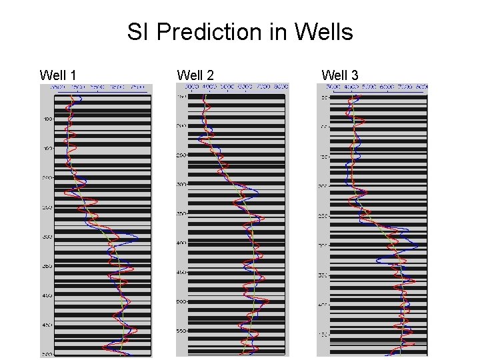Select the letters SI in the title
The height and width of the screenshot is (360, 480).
pos(138,31)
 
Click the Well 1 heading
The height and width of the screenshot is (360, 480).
pos(59,75)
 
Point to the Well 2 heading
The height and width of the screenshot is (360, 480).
pos(195,75)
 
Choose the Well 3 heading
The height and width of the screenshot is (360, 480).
pos(340,75)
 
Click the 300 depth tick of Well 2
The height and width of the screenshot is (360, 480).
pos(181,185)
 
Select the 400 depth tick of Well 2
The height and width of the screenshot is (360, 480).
pos(181,243)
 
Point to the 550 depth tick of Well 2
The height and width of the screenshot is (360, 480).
pos(181,331)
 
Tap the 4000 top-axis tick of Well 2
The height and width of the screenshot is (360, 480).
pos(209,87)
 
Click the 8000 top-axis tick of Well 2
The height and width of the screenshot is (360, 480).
pos(281,87)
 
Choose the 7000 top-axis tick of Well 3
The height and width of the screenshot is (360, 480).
pos(404,87)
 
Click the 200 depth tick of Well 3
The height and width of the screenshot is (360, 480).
pos(323,187)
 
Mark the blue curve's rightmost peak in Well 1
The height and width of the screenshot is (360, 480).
pos(137,237)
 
